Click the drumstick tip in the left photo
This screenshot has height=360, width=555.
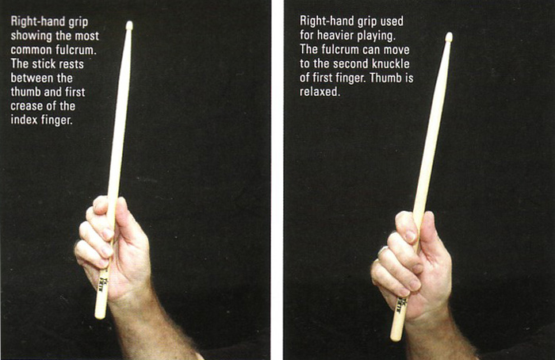129,25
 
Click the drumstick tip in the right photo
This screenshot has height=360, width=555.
449,36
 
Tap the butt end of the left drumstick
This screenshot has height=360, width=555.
99,316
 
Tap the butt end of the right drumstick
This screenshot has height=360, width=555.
396,337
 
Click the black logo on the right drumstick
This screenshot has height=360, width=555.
400,306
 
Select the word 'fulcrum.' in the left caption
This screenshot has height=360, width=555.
76,50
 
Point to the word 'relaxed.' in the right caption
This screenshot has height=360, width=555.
320,92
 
